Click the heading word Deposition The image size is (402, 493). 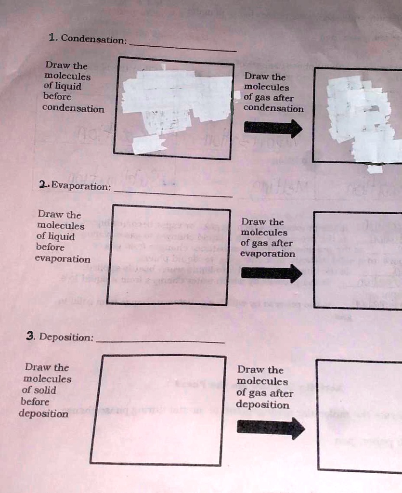point(66,337)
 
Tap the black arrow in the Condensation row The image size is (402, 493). point(273,128)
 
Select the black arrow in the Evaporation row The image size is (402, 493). point(272,273)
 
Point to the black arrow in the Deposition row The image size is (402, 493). point(271,428)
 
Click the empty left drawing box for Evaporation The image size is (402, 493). point(168,255)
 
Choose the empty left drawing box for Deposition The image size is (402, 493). point(158,410)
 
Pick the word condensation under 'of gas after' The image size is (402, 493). point(273,108)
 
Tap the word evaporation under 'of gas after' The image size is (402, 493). point(268,254)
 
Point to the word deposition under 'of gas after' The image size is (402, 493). point(263,404)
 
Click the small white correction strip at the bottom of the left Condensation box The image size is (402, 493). point(148,144)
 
